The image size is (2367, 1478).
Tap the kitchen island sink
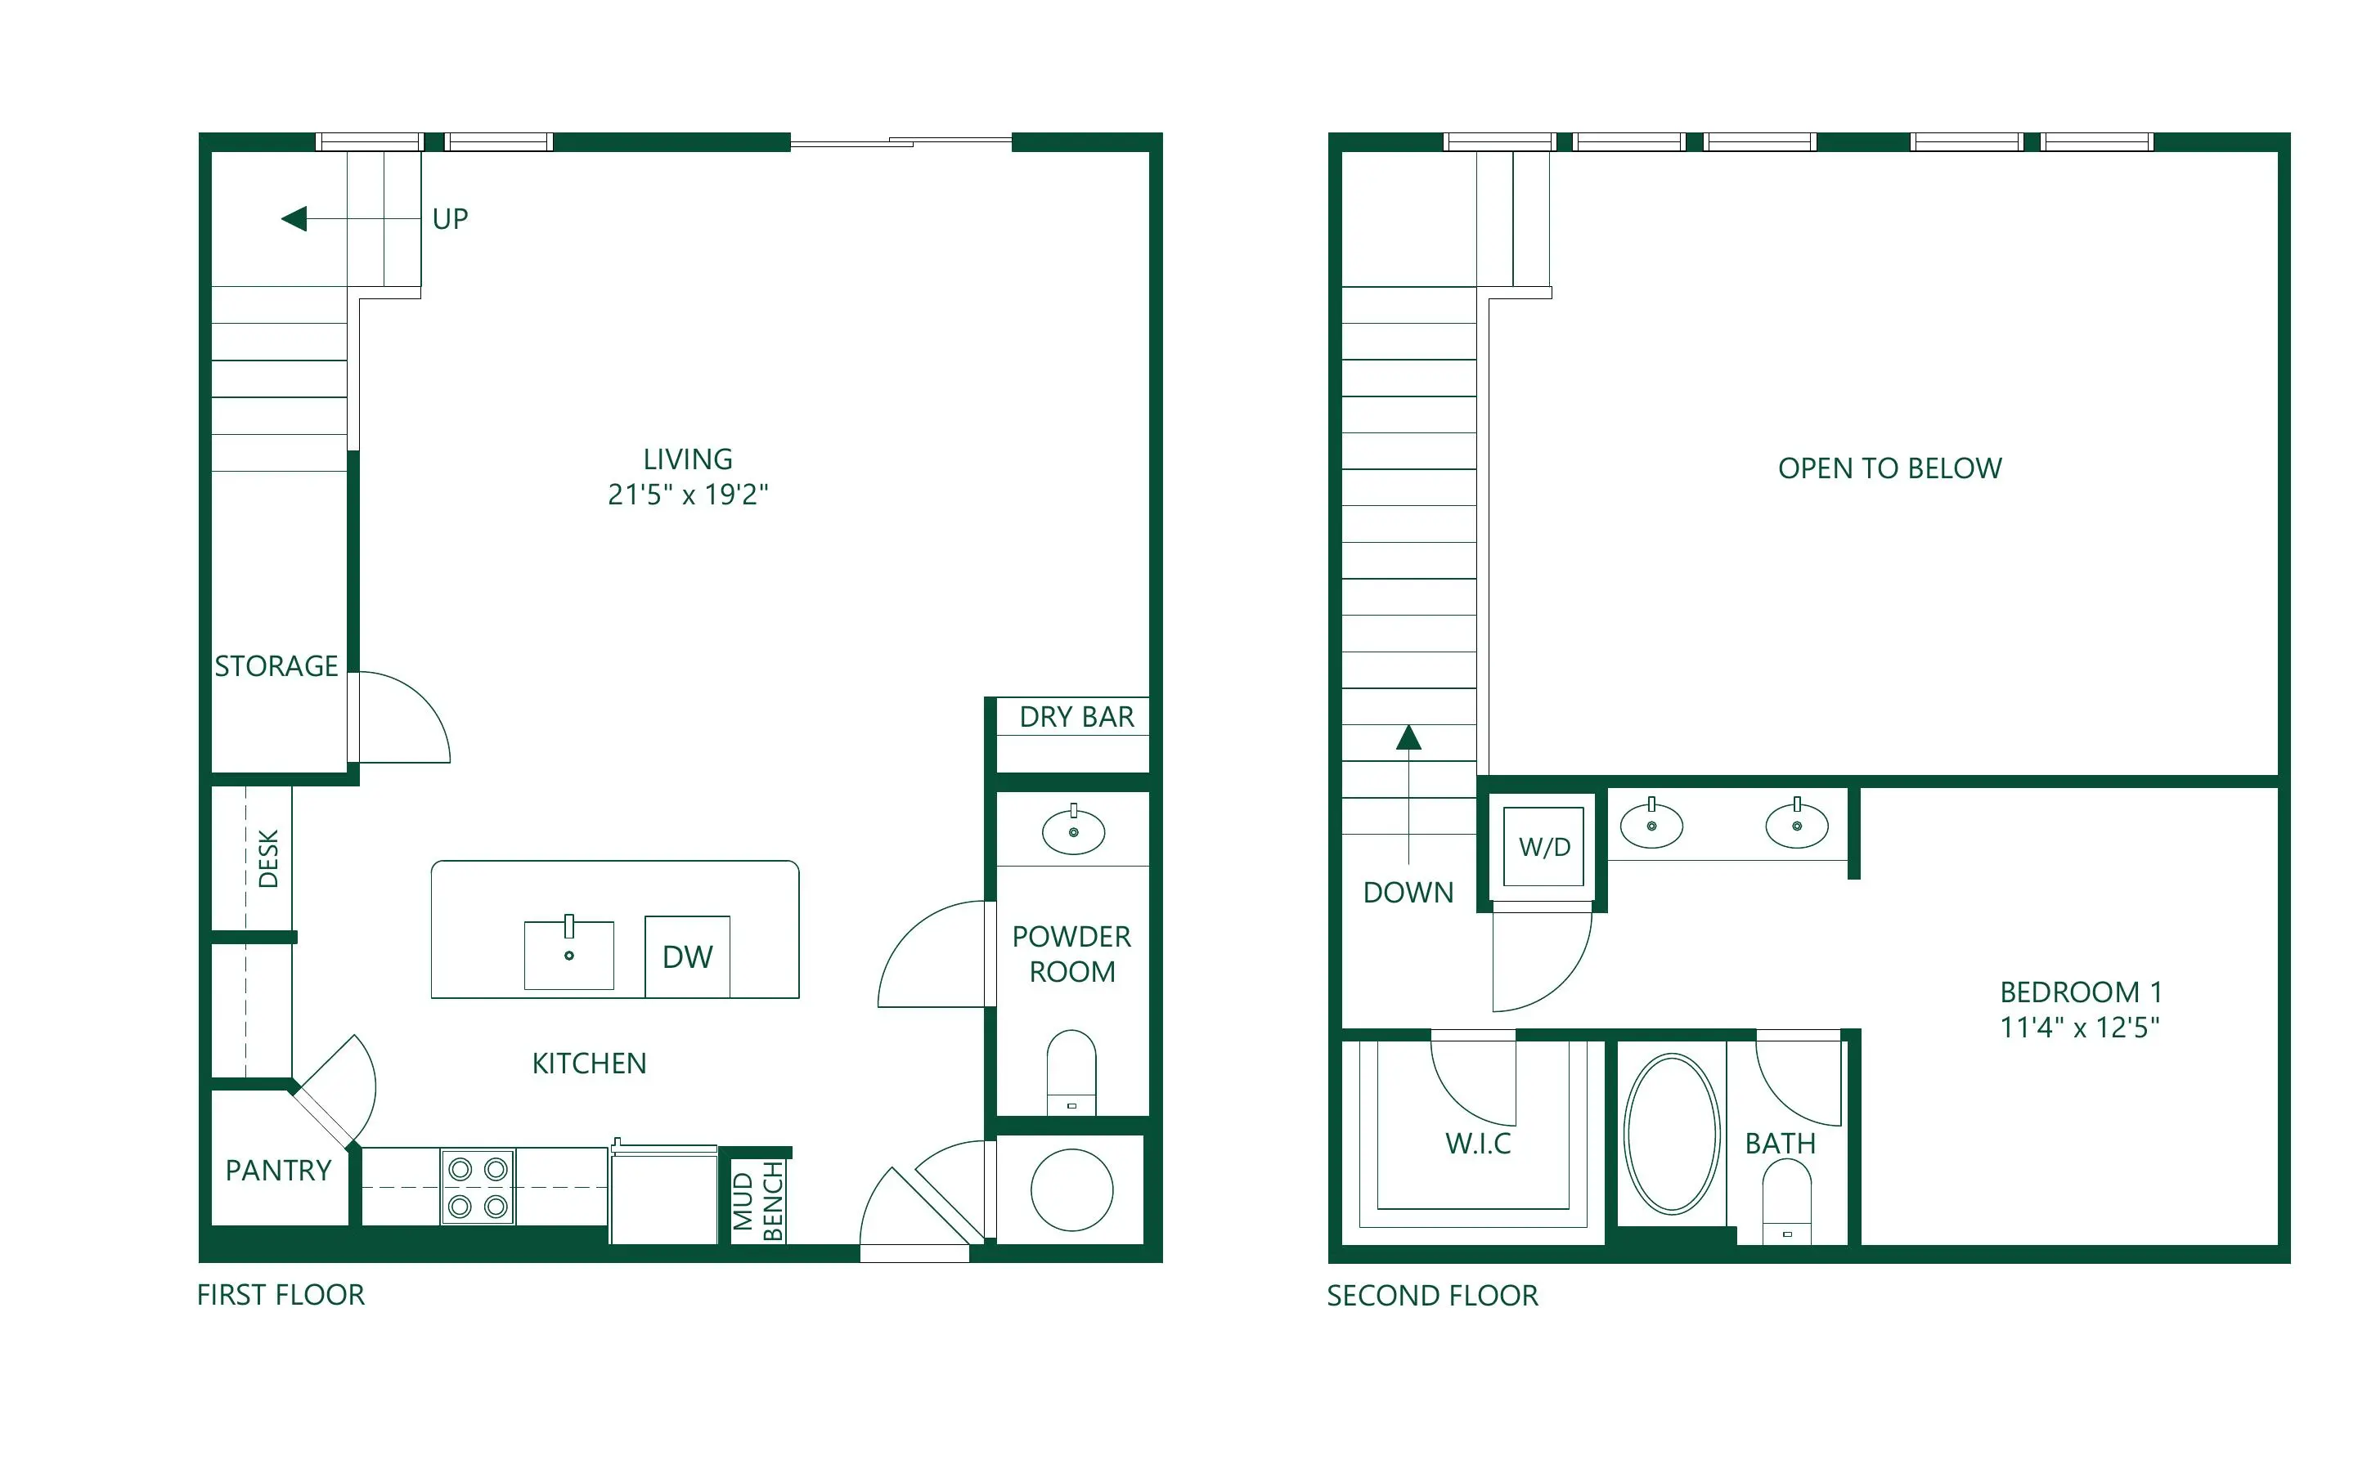tap(569, 954)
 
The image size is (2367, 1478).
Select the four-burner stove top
tap(478, 1188)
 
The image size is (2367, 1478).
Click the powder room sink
tap(1074, 831)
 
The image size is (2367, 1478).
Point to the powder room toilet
tap(1071, 1072)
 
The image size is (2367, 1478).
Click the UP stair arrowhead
tap(294, 218)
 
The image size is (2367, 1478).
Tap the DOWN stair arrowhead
tap(1408, 737)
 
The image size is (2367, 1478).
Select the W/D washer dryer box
tap(1543, 847)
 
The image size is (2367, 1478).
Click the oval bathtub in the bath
tap(1672, 1134)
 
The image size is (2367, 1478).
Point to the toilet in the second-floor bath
tap(1786, 1202)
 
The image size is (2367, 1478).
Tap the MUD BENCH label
tap(757, 1202)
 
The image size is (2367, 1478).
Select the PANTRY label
tap(279, 1170)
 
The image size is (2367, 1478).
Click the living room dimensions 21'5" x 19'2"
tap(689, 495)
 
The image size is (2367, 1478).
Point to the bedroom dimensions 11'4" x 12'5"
tap(2080, 1028)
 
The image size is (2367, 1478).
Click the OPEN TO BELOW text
tap(1890, 468)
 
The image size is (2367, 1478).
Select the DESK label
tap(268, 858)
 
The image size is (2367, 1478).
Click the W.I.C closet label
tap(1478, 1143)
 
